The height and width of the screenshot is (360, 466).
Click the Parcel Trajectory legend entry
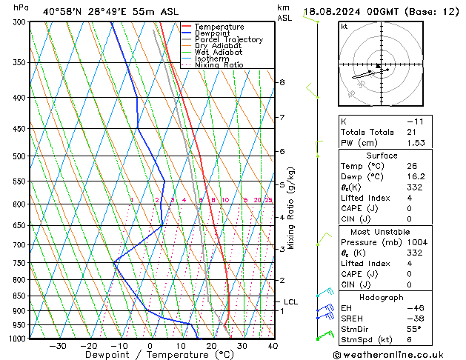point(228,39)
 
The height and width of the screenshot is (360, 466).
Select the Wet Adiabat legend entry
point(219,52)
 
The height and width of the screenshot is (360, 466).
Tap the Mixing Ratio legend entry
point(219,64)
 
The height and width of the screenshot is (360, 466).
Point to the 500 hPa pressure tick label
point(21,156)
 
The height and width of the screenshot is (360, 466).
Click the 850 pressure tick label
point(21,296)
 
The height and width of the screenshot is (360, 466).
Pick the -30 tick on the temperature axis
point(58,345)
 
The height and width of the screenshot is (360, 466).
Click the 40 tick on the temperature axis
point(273,345)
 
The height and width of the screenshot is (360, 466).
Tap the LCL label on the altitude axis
point(290,301)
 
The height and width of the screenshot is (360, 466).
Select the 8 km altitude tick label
point(282,82)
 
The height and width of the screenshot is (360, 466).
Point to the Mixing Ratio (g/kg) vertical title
point(291,208)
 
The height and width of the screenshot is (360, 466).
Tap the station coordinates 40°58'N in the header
point(64,12)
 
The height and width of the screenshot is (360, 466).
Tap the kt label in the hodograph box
point(344,27)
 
